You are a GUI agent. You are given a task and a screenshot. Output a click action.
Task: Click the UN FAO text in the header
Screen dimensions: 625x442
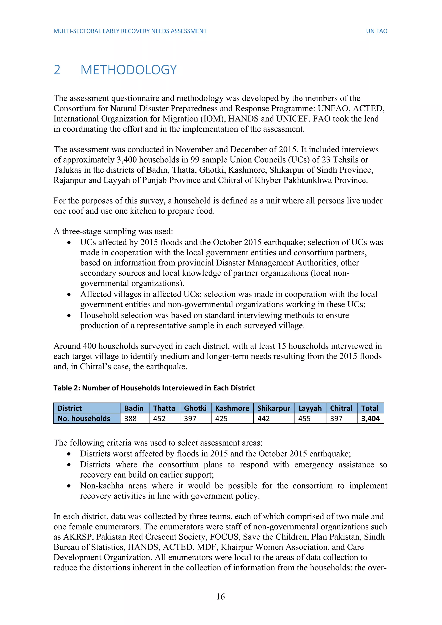[x=376, y=31]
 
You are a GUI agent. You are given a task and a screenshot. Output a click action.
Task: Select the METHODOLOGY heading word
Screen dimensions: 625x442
[x=128, y=70]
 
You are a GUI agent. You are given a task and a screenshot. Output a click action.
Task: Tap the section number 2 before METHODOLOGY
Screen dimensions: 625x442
[x=57, y=70]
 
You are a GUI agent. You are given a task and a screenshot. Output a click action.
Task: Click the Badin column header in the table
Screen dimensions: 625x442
[x=134, y=408]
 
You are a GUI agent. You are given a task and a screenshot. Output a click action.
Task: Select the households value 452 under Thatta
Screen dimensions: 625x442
[x=159, y=418]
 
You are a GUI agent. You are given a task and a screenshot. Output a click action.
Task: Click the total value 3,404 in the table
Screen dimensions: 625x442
[x=370, y=418]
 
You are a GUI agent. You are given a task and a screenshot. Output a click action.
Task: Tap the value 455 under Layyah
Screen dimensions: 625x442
[x=304, y=418]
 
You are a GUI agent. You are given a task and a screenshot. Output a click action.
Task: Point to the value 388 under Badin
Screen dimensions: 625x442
[x=130, y=418]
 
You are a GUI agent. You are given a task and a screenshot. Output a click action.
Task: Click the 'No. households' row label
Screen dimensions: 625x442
[x=84, y=418]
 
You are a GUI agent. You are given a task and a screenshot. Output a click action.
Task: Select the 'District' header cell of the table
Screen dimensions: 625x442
[x=69, y=408]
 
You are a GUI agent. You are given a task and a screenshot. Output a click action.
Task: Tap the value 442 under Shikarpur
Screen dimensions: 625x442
[x=264, y=418]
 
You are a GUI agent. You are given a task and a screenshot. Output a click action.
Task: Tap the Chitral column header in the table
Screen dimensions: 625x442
[x=341, y=408]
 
